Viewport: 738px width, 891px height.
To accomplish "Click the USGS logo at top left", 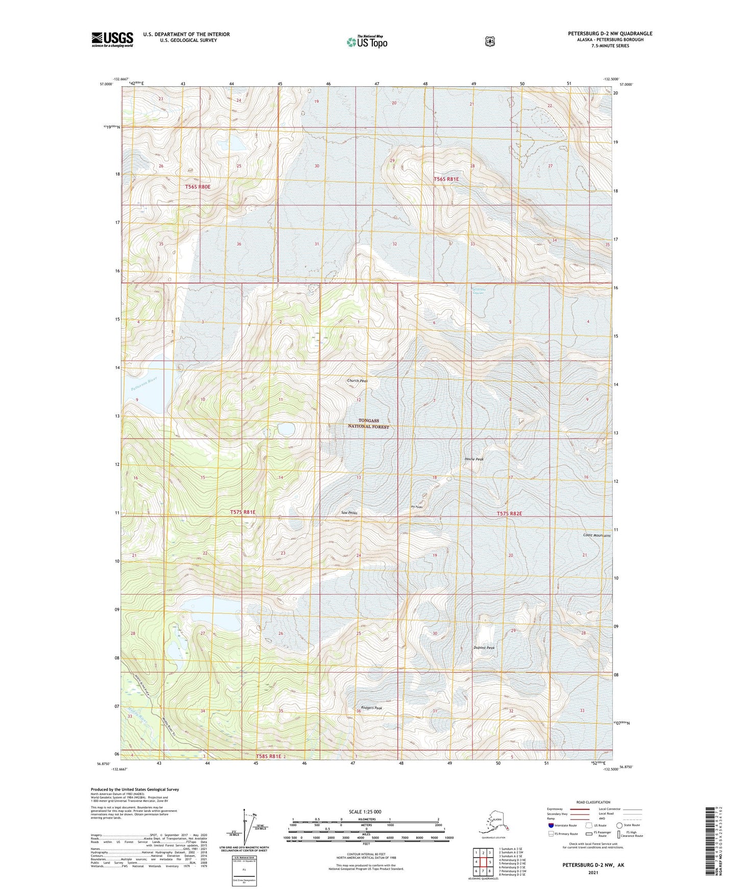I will point(112,39).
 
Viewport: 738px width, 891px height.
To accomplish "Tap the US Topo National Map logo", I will point(366,41).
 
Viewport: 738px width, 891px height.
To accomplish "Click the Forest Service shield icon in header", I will point(490,41).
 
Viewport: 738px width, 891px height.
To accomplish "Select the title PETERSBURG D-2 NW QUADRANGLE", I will point(610,34).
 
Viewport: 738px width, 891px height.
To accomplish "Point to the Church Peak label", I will point(358,381).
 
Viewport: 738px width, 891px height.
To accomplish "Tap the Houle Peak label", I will point(474,459).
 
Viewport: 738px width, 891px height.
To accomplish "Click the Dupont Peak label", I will point(484,648).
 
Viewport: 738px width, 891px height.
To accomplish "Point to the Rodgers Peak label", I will point(371,708).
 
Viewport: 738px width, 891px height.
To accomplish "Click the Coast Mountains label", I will point(597,535).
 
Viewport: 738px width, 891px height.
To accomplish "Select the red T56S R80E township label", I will point(198,187).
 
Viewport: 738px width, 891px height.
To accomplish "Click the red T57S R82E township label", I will point(509,513).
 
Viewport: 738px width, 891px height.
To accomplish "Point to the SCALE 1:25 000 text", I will point(365,811).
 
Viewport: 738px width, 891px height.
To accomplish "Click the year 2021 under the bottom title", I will point(592,872).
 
